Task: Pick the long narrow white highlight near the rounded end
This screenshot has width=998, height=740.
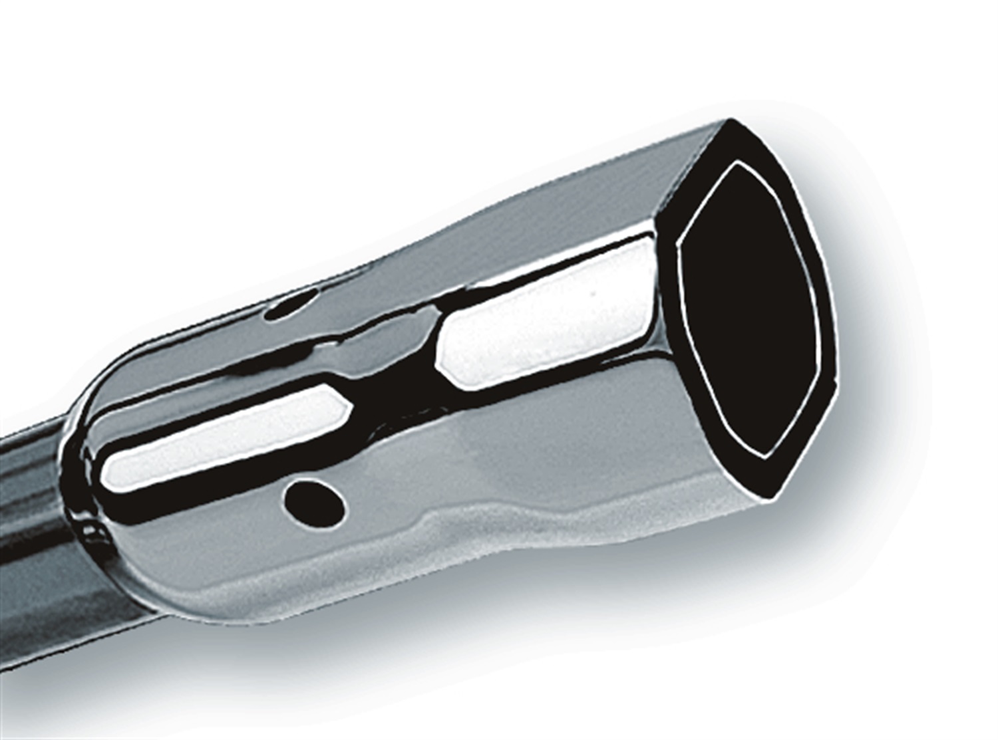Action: point(220,439)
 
